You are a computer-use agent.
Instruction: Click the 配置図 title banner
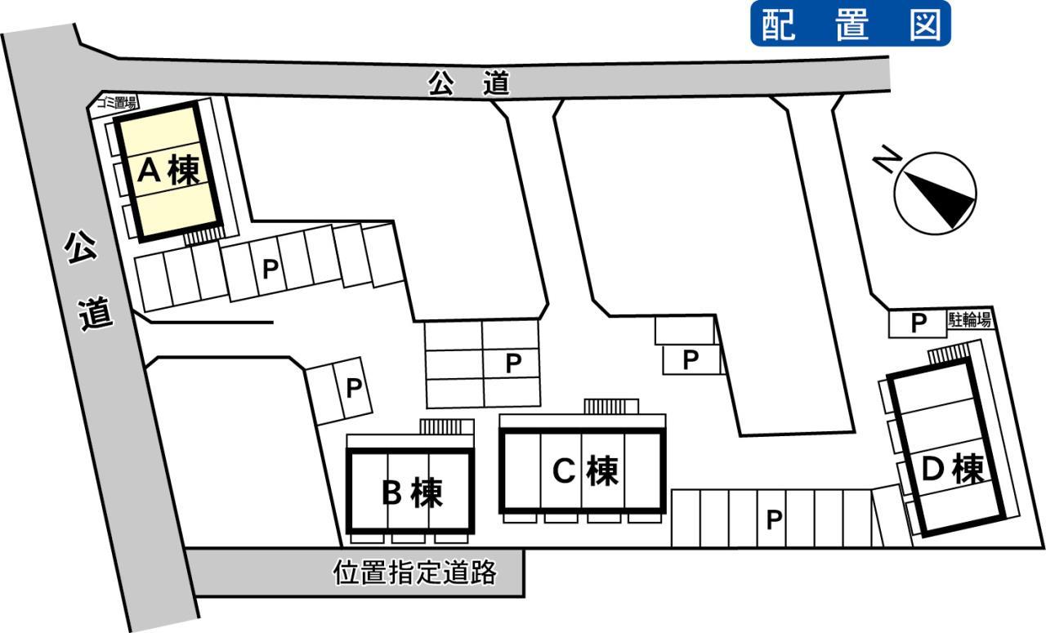pos(851,24)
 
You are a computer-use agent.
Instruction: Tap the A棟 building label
pos(169,171)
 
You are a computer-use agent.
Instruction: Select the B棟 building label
pos(412,493)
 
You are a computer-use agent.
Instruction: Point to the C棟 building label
pos(586,470)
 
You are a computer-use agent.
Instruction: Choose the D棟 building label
pos(953,469)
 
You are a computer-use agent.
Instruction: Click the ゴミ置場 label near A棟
pos(117,103)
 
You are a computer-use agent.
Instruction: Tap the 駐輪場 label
pos(969,320)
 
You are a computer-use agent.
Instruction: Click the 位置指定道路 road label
pos(414,573)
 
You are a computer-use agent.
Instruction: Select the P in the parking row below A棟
pos(270,269)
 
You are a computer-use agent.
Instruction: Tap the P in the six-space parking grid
pos(513,363)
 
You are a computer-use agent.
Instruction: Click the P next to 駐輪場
pos(919,322)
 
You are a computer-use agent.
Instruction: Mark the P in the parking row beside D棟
pos(774,519)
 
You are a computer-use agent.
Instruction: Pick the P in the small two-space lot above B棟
pos(354,387)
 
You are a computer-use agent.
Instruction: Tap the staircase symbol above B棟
pos(440,426)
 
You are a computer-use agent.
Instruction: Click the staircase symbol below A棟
pos(203,237)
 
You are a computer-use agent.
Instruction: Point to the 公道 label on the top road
pos(469,83)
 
